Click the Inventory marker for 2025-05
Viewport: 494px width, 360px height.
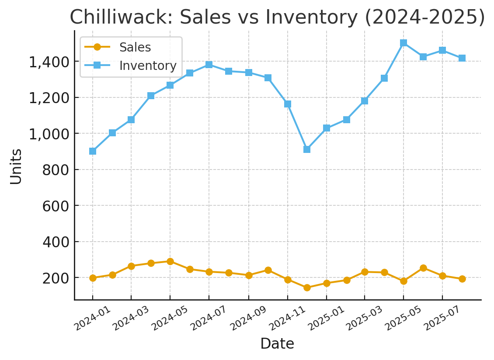point(404,43)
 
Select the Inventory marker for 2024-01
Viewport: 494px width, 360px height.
point(93,151)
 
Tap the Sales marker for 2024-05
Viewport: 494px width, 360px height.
point(170,261)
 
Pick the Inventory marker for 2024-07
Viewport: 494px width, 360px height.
point(209,65)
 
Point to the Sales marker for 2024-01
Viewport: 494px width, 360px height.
point(93,278)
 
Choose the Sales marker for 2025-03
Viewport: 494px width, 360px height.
point(365,272)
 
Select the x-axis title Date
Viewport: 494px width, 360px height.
point(277,344)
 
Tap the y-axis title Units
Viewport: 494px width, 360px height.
point(16,166)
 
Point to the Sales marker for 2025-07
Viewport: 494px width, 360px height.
point(442,276)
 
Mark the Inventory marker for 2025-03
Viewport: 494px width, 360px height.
point(365,101)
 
